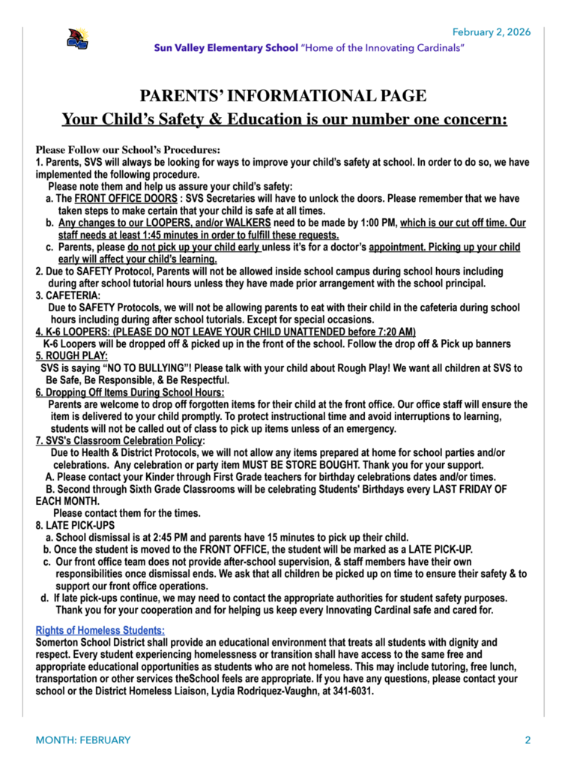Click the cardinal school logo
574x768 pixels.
[76, 39]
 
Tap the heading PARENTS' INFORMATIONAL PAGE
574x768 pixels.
[283, 96]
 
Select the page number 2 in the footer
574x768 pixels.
[528, 740]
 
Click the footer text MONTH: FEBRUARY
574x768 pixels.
[83, 740]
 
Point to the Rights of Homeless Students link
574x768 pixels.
[100, 631]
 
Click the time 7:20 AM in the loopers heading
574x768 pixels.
[392, 332]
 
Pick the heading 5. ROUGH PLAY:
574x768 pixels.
[72, 356]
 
